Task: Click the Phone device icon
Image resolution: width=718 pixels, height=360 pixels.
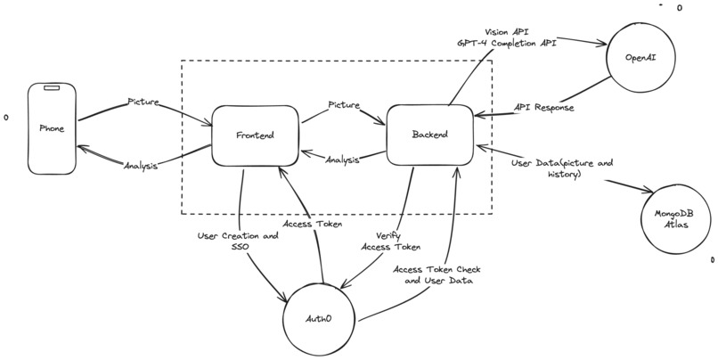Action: tap(52, 128)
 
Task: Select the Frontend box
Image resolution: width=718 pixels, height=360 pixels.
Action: tap(255, 135)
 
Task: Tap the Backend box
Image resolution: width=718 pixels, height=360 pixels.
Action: tap(429, 135)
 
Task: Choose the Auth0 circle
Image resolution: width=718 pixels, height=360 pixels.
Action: tap(320, 318)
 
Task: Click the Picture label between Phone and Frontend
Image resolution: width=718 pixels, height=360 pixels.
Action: tap(143, 102)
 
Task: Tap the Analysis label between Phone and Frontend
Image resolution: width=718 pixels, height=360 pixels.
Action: tap(140, 166)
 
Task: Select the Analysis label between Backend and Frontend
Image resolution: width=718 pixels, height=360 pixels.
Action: tap(342, 160)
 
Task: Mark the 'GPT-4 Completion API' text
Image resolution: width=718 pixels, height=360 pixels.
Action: tap(507, 43)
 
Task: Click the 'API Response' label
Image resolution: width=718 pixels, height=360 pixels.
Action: tap(544, 107)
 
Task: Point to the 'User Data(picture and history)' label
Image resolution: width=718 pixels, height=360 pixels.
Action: tap(550, 168)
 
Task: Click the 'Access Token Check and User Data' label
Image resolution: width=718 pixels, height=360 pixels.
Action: tap(435, 274)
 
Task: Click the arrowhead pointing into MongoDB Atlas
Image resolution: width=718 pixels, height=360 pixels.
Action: tap(651, 192)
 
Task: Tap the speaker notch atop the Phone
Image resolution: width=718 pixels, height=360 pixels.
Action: tap(53, 89)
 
